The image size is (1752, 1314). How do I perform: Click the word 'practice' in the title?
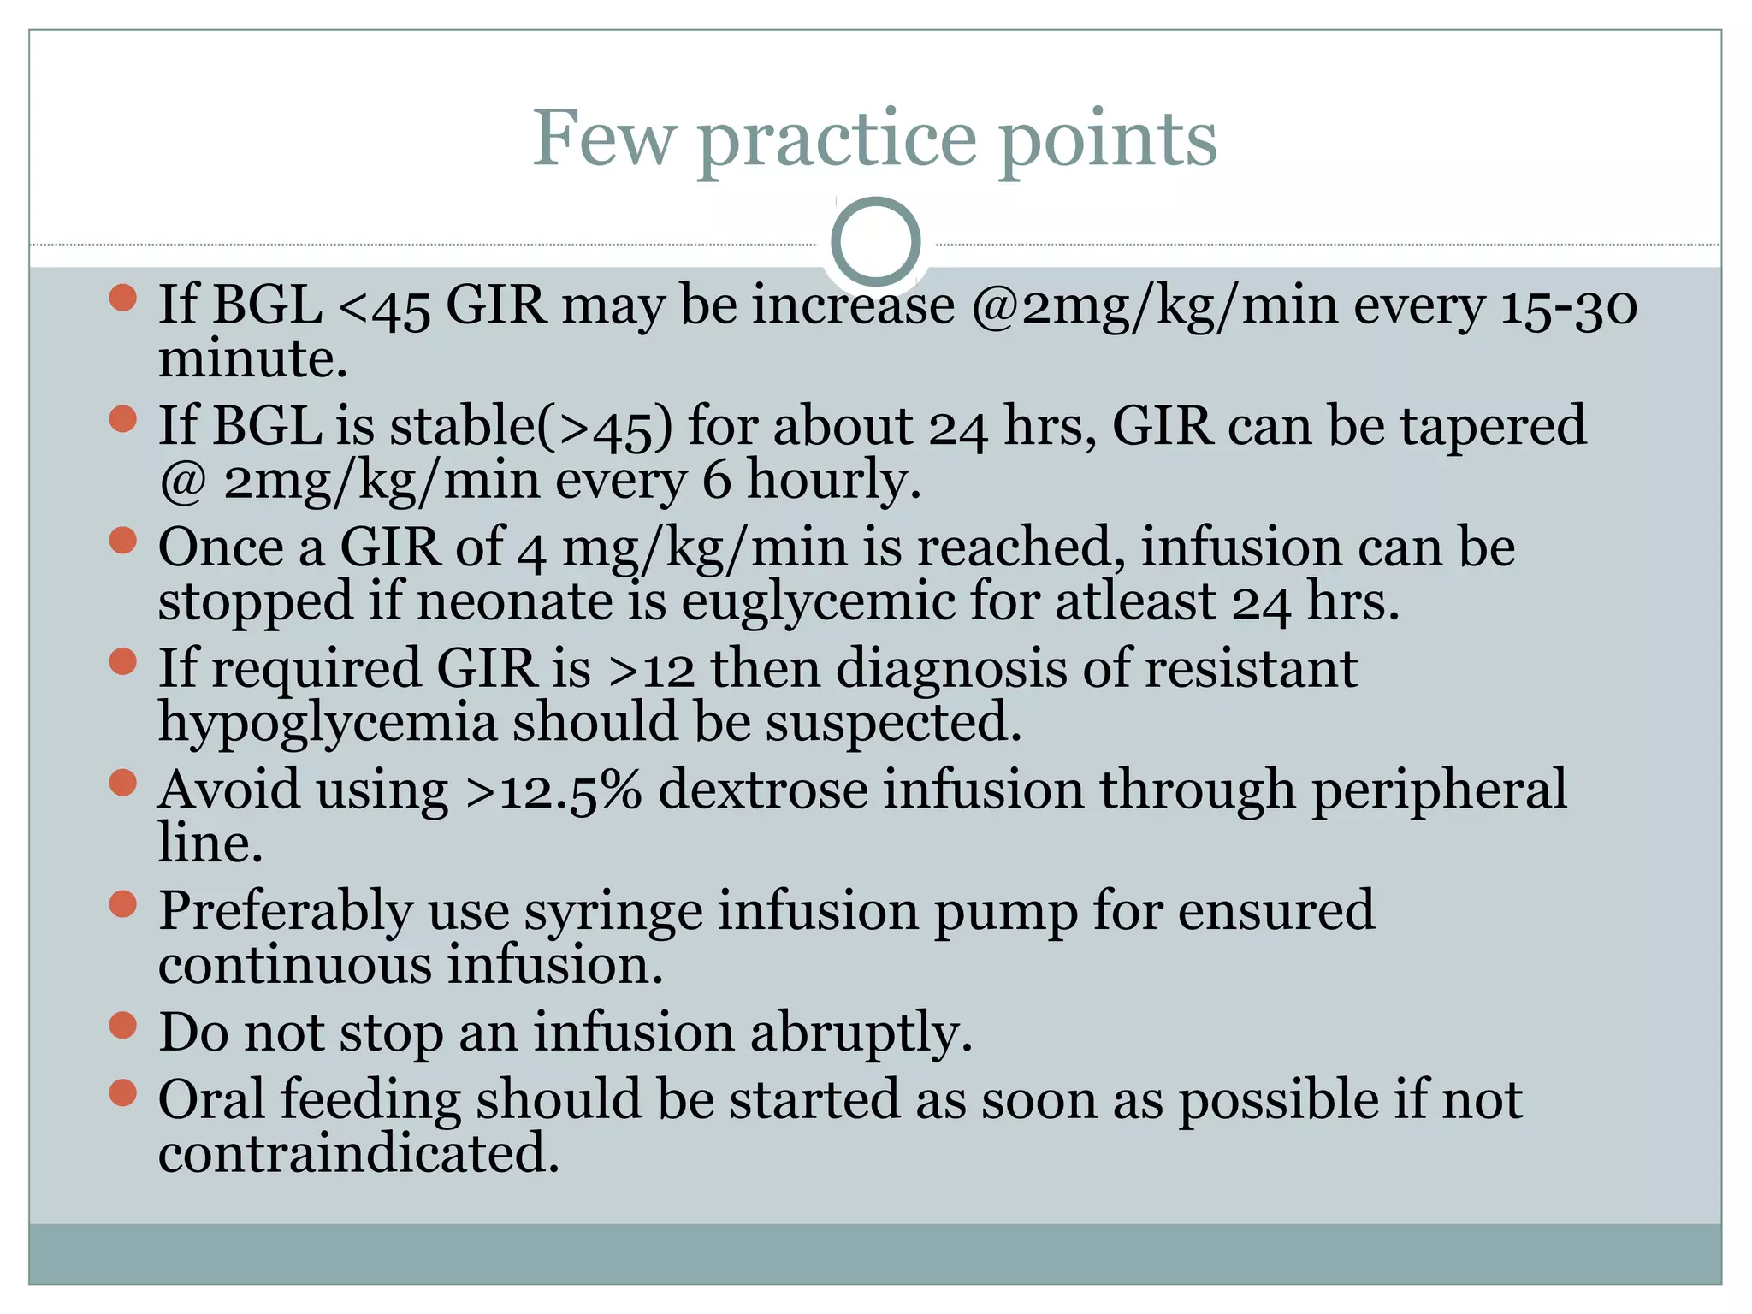click(837, 139)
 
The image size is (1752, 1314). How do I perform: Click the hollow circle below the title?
click(875, 241)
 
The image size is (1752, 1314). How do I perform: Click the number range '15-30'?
click(1569, 305)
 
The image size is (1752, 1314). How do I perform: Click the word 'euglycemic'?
click(817, 601)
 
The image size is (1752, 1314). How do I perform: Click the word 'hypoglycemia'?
click(328, 723)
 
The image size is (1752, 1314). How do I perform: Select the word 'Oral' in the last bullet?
click(211, 1099)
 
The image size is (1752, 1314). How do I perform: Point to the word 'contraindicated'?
click(358, 1153)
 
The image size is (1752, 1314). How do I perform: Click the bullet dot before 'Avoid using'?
click(124, 783)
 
